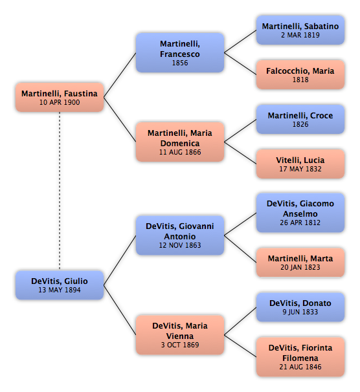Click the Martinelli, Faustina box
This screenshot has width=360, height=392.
point(60,97)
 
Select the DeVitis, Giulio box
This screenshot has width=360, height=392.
point(60,285)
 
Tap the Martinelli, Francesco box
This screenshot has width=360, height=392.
point(180,53)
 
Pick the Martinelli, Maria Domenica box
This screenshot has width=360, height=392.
point(180,142)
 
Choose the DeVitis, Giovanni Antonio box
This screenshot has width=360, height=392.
point(180,235)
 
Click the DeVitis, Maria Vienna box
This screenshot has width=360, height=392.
point(180,334)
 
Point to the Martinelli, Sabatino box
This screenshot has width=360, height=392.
point(300,30)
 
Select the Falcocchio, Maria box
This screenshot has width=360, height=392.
point(300,75)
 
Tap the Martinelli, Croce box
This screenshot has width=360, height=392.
point(300,119)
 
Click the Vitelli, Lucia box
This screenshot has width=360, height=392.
point(300,164)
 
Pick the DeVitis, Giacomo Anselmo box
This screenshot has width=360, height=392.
point(300,213)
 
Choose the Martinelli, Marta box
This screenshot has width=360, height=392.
point(300,263)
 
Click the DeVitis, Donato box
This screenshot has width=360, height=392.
point(300,307)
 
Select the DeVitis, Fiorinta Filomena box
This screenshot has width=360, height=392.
point(300,357)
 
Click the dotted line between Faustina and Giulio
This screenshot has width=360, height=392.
point(60,191)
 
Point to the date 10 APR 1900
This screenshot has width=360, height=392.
point(60,102)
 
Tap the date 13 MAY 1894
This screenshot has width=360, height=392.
point(60,290)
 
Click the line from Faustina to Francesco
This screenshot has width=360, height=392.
point(120,75)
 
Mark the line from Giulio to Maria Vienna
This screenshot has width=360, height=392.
point(120,310)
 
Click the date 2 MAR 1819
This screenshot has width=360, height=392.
point(300,35)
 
